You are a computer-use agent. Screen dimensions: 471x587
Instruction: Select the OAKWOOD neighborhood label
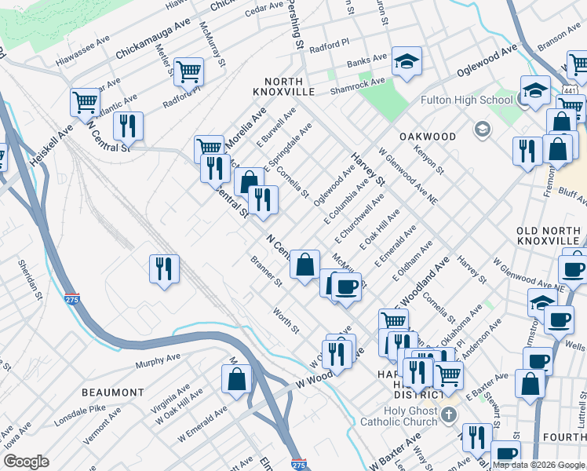point(428,136)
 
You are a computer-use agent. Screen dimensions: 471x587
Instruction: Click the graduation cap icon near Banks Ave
point(407,62)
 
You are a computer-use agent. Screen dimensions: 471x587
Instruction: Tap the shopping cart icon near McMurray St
point(188,71)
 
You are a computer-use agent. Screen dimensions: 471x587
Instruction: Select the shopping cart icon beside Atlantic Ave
point(85,101)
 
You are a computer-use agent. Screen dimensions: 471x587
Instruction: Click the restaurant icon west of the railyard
point(164,268)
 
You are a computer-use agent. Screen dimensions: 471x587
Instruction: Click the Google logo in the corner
point(26,462)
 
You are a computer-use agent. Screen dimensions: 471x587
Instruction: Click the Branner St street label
point(266,271)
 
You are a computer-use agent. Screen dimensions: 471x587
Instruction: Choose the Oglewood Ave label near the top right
point(487,59)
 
